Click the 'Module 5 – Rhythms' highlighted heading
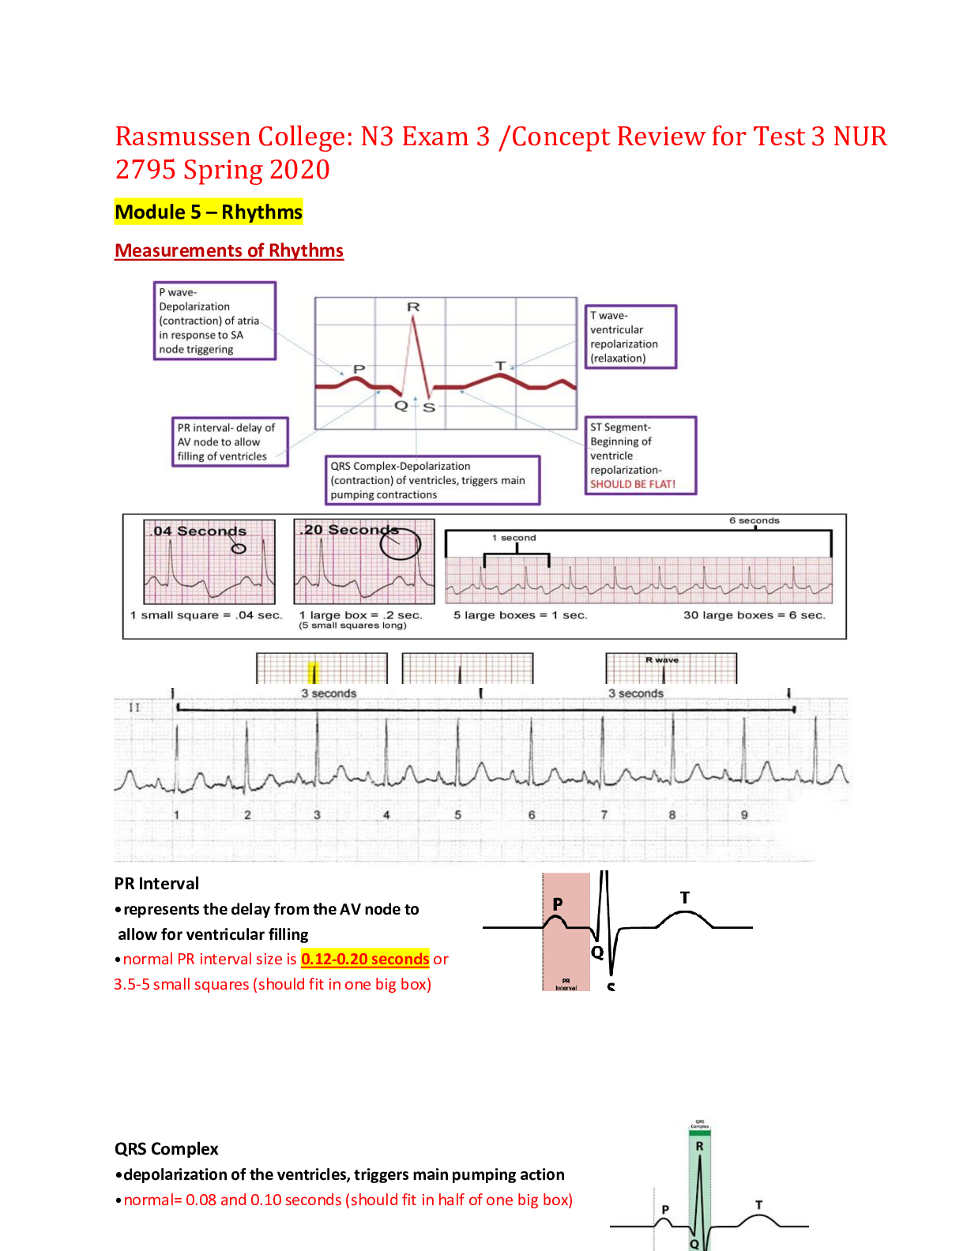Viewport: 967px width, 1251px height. (x=209, y=212)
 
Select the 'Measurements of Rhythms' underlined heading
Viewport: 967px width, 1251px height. (x=229, y=250)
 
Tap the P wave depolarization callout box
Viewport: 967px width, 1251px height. (x=215, y=321)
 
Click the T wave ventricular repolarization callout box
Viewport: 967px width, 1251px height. (x=630, y=336)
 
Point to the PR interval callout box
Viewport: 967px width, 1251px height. (x=229, y=442)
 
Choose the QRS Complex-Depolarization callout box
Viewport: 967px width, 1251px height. (x=433, y=480)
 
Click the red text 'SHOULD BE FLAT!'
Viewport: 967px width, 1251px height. (x=633, y=484)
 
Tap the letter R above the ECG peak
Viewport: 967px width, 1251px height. (x=413, y=306)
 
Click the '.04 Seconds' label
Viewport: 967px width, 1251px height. (x=200, y=531)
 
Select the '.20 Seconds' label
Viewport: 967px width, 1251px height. (x=348, y=530)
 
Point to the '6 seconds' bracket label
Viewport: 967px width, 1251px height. (x=754, y=520)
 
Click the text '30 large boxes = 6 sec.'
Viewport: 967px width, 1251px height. (x=754, y=615)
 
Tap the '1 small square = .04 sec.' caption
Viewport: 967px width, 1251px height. (x=206, y=615)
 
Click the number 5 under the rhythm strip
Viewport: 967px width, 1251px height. (x=457, y=815)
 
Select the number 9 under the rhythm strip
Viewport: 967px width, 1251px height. (x=744, y=815)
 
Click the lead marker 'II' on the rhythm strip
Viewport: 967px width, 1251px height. (x=134, y=708)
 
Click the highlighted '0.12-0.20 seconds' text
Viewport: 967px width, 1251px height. (x=365, y=959)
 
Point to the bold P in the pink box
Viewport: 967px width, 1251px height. (x=558, y=904)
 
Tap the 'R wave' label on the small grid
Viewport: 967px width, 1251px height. (x=662, y=660)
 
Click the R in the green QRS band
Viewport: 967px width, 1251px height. (x=699, y=1146)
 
